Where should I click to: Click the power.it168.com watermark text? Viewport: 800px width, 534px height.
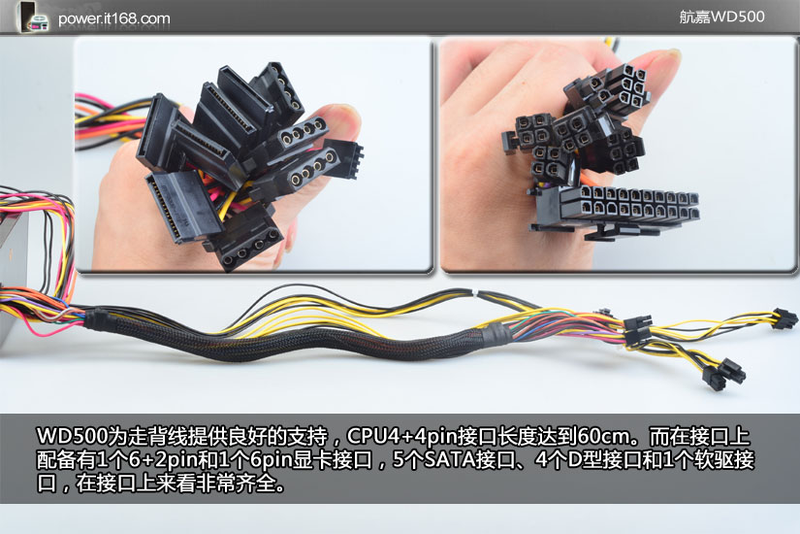tap(113, 18)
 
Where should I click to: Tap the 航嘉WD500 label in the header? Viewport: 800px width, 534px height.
tap(721, 17)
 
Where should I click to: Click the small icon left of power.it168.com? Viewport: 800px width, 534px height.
tap(33, 17)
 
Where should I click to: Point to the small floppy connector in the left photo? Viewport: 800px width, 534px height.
tap(343, 158)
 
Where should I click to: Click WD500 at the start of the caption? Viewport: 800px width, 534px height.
tap(73, 437)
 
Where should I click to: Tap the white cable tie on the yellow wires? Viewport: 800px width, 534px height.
tap(475, 293)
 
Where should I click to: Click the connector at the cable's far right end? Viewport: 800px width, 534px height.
tap(784, 318)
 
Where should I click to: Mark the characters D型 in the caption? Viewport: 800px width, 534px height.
tap(584, 460)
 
